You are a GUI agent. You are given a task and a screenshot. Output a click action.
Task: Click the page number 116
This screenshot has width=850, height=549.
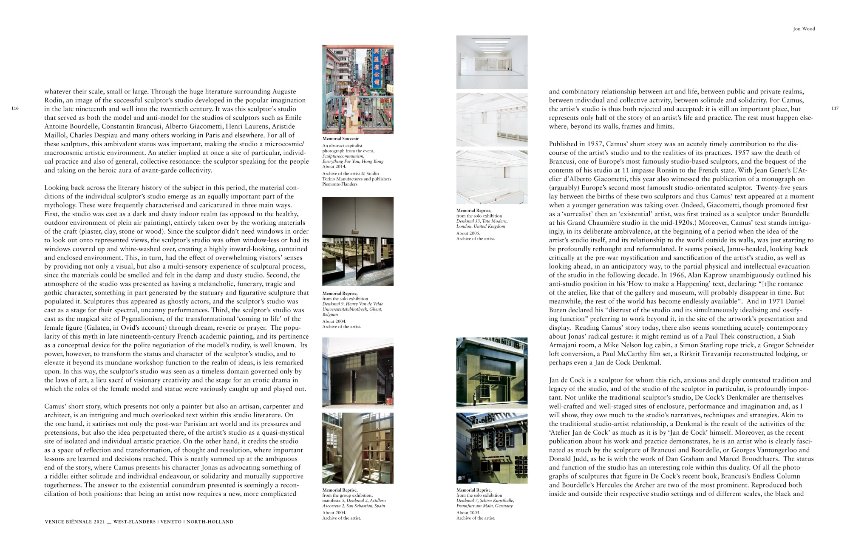(x=15, y=108)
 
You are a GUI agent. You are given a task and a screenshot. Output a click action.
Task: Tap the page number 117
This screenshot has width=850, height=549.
(x=835, y=108)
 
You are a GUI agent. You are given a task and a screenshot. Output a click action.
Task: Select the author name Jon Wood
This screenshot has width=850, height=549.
(x=804, y=29)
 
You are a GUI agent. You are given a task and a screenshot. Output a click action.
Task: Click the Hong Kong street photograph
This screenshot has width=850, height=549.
(x=357, y=90)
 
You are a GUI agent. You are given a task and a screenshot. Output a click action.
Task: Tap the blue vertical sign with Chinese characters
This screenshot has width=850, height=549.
(x=376, y=68)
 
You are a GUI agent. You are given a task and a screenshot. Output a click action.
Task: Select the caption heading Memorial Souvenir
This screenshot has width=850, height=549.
(x=340, y=139)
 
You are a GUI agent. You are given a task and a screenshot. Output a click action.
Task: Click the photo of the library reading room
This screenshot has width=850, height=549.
(x=357, y=241)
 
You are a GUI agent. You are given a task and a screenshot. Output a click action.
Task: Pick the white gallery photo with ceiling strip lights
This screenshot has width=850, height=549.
(x=492, y=62)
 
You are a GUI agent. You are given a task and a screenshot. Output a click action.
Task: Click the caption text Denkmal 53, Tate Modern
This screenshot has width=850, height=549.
(x=482, y=221)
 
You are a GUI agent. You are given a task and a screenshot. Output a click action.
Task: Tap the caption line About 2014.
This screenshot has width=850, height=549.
(x=334, y=167)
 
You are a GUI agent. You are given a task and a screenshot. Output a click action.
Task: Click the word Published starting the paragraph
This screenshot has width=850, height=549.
(x=564, y=144)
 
